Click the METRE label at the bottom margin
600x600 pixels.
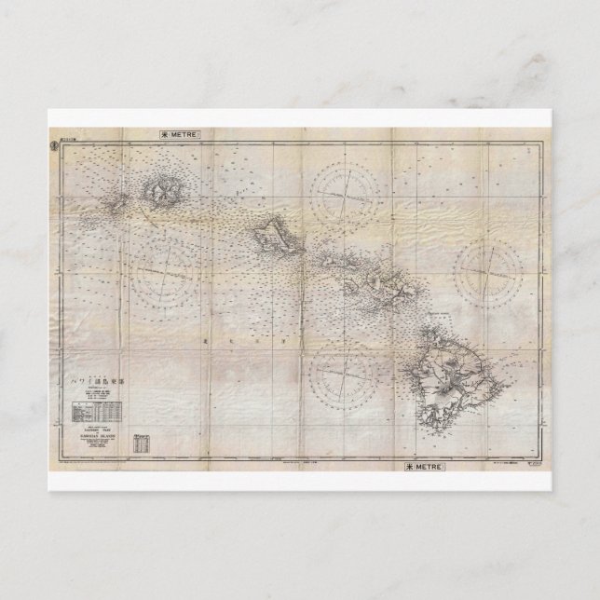[432, 463]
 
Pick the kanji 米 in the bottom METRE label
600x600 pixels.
[411, 463]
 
